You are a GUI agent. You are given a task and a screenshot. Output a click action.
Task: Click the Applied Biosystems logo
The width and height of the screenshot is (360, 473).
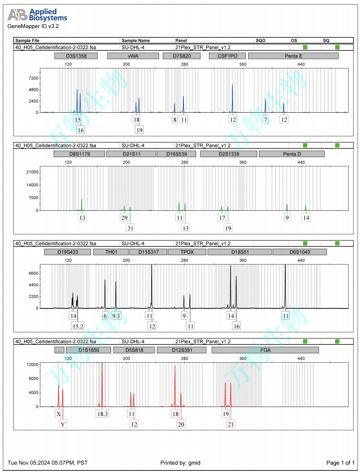(37, 15)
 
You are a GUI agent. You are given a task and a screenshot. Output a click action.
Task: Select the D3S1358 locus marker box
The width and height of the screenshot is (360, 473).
(76, 56)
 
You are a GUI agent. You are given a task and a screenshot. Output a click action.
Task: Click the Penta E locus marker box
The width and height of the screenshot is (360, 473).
(293, 56)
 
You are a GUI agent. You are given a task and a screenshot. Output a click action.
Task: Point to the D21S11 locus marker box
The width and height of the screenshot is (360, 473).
(131, 154)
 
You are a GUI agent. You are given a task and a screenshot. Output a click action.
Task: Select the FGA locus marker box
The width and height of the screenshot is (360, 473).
(265, 350)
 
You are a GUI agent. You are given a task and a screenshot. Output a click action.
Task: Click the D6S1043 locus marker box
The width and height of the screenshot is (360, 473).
(299, 252)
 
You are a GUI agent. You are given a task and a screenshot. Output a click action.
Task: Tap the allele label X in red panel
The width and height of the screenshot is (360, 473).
(59, 414)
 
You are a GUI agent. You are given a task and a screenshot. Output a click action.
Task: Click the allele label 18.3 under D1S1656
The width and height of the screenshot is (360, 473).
(102, 414)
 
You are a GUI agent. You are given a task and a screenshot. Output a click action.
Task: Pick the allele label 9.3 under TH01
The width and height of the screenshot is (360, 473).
(116, 315)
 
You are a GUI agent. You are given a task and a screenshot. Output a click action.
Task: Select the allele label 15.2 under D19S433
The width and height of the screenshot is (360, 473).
(78, 326)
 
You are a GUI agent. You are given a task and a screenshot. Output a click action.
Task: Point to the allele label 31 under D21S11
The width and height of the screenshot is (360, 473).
(131, 228)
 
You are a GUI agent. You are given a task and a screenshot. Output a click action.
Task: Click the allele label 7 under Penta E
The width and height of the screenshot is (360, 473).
(266, 120)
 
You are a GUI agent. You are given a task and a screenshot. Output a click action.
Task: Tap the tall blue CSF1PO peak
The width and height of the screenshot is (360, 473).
(232, 94)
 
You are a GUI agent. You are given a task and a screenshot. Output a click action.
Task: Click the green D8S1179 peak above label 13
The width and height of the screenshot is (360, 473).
(82, 204)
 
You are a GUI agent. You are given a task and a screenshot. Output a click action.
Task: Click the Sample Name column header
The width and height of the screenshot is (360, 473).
(136, 41)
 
